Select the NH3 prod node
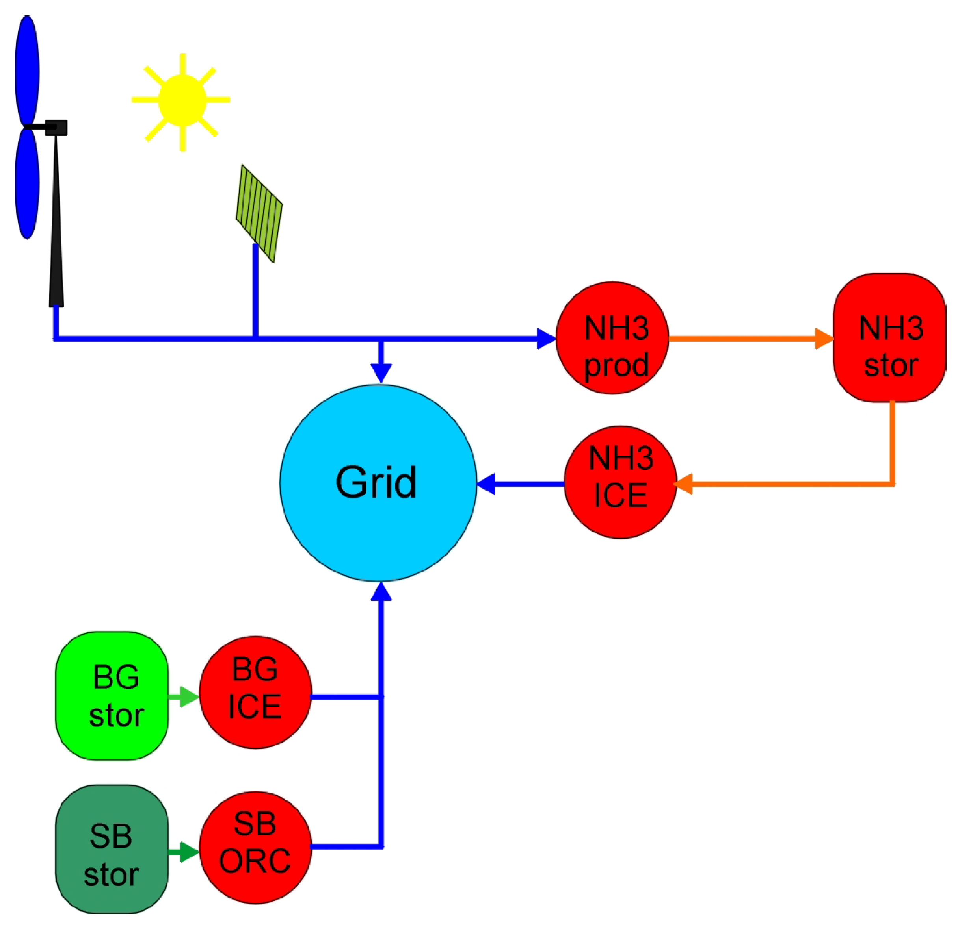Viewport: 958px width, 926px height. [612, 337]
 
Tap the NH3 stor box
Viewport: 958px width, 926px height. [889, 337]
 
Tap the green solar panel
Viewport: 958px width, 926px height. [259, 213]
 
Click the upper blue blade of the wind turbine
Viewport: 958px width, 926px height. [27, 71]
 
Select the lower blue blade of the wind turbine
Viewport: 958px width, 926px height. [27, 183]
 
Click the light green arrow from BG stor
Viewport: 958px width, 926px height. [185, 696]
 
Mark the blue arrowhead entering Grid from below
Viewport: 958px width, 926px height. [381, 593]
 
